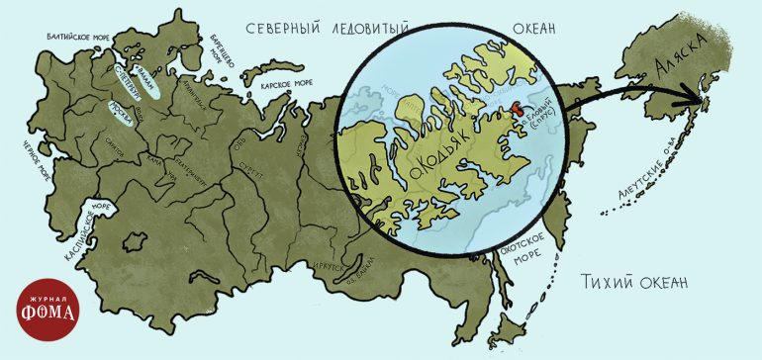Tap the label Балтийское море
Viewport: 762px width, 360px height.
point(78,37)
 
